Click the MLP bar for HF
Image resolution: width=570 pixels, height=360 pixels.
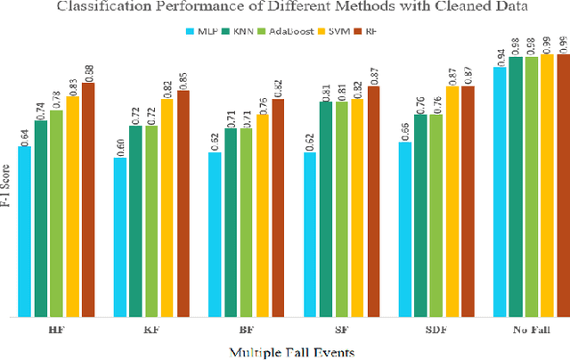(25, 232)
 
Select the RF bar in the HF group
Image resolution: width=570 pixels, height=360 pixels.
(87, 200)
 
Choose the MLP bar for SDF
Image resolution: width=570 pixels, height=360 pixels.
(404, 230)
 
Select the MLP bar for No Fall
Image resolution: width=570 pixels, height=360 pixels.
(500, 192)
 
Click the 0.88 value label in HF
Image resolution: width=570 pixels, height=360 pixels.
(87, 70)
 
